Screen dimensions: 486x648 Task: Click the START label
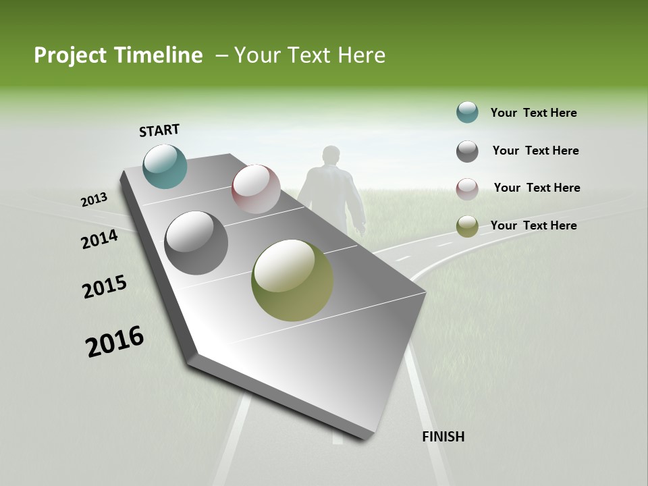pyautogui.click(x=159, y=130)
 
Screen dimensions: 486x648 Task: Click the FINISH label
pyautogui.click(x=443, y=437)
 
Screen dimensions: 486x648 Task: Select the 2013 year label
pyautogui.click(x=94, y=200)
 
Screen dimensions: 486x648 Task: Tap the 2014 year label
pyautogui.click(x=99, y=239)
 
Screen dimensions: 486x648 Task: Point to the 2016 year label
pyautogui.click(x=115, y=342)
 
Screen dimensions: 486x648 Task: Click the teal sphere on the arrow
pyautogui.click(x=165, y=166)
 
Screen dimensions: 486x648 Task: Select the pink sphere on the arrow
pyautogui.click(x=256, y=189)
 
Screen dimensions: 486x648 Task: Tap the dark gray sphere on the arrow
pyautogui.click(x=196, y=243)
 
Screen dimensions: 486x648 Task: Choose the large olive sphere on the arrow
pyautogui.click(x=292, y=280)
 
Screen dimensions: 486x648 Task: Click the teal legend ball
pyautogui.click(x=467, y=112)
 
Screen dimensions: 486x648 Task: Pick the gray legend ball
pyautogui.click(x=467, y=151)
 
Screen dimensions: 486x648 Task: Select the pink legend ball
pyautogui.click(x=467, y=188)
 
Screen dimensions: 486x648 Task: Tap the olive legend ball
pyautogui.click(x=467, y=226)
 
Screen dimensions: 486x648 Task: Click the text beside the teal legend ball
pyautogui.click(x=533, y=113)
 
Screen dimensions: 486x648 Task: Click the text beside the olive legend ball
pyautogui.click(x=533, y=225)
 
